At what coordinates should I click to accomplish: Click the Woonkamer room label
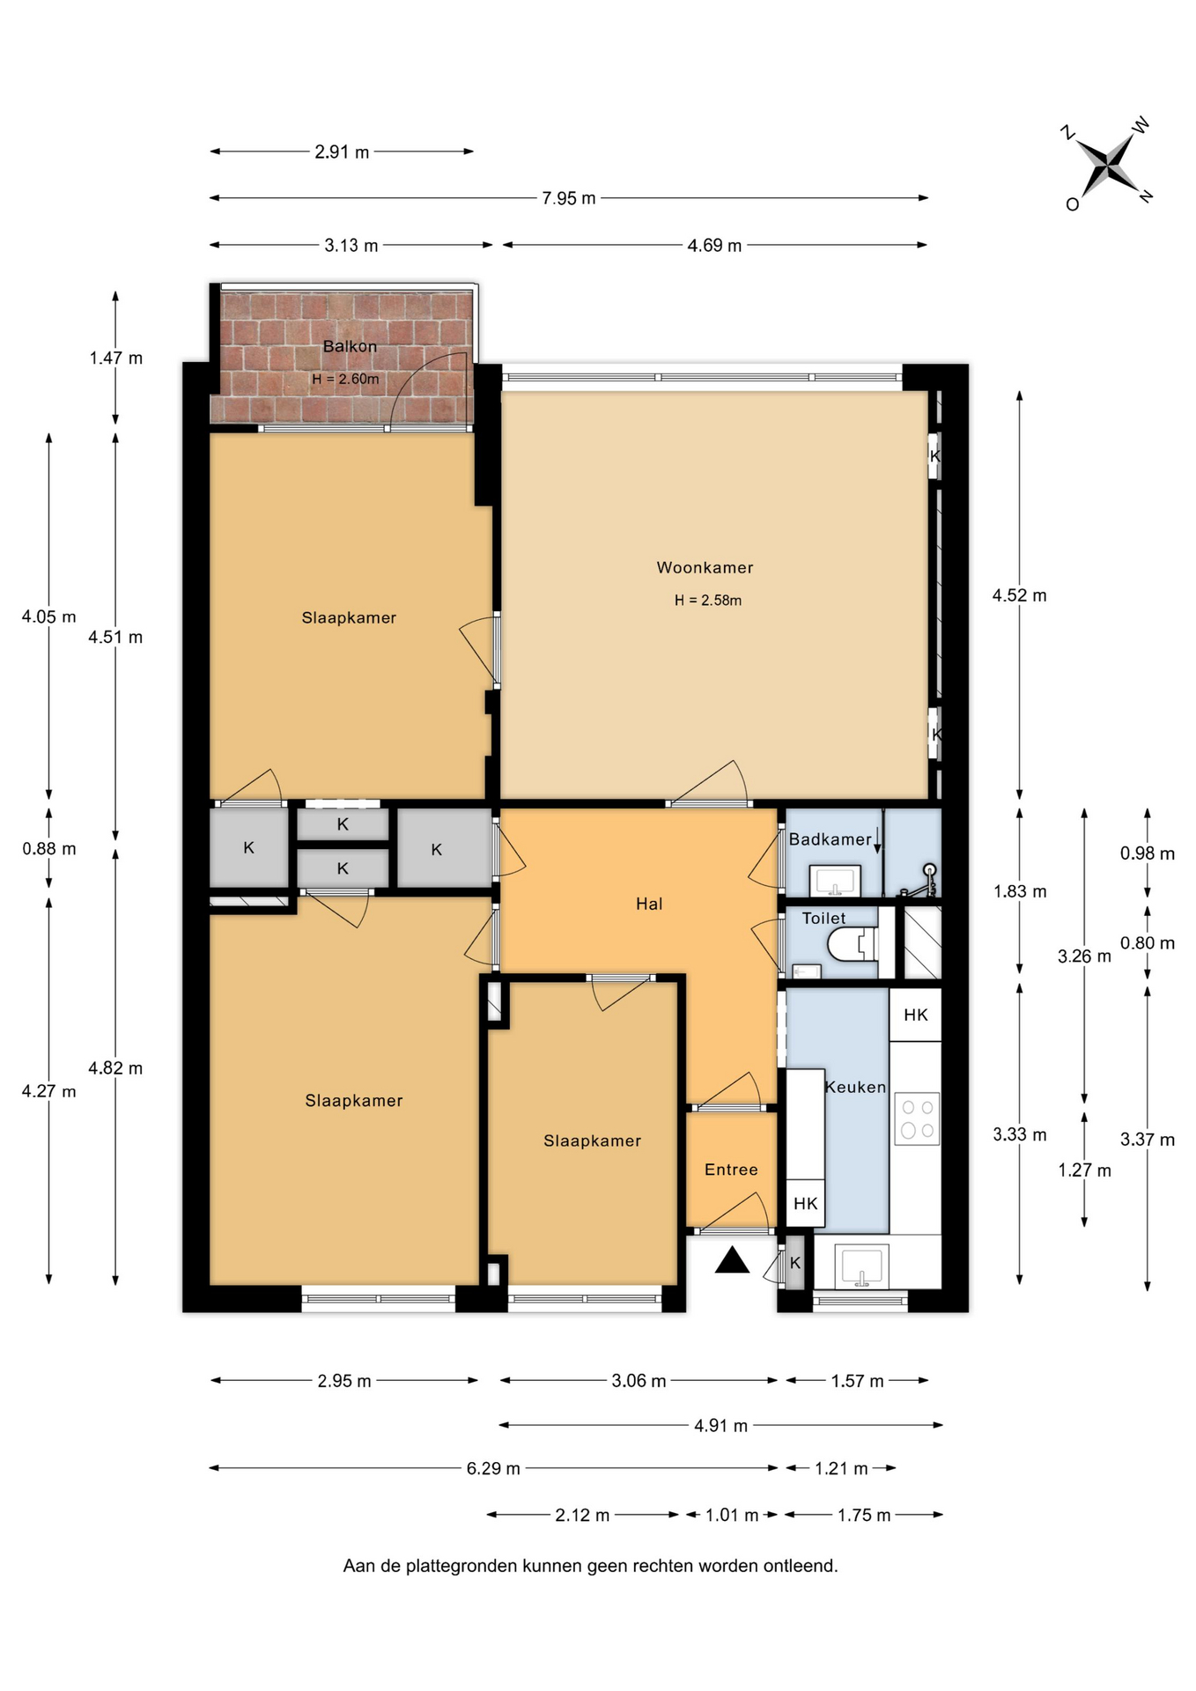click(705, 568)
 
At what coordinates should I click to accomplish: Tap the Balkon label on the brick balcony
click(350, 346)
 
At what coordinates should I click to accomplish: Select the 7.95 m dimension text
click(569, 198)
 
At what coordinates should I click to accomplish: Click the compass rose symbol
click(1107, 164)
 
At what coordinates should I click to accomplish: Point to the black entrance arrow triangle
click(732, 1260)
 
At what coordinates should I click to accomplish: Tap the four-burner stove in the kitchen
click(917, 1119)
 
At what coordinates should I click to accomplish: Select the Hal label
click(649, 904)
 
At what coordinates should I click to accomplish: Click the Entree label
click(731, 1170)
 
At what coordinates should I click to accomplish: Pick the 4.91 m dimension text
click(720, 1425)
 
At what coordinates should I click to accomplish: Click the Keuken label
click(855, 1087)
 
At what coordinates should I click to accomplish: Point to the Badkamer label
click(830, 839)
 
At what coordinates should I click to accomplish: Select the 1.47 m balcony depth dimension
click(115, 358)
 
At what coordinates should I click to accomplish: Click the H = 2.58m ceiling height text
click(708, 601)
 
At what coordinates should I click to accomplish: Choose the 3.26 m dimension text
click(1084, 956)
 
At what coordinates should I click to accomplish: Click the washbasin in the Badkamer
click(835, 879)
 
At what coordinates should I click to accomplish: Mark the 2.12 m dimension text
click(582, 1515)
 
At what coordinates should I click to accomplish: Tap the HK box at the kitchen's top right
click(915, 1015)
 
